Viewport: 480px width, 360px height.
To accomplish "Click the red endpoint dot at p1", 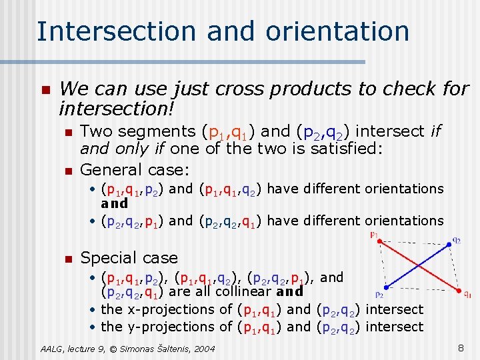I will pyautogui.click(x=378, y=242).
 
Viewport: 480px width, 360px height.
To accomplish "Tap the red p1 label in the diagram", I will pyautogui.click(x=374, y=235).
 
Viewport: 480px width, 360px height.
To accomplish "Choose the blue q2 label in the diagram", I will pyautogui.click(x=457, y=239).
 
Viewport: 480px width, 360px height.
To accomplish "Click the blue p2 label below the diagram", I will pyautogui.click(x=379, y=293).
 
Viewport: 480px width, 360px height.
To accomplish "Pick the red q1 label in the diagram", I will pyautogui.click(x=467, y=294).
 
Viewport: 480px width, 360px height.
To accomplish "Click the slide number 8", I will pyautogui.click(x=460, y=347).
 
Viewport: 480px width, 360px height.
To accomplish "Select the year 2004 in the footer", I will pyautogui.click(x=204, y=349).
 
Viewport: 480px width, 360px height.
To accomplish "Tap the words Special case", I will pyautogui.click(x=129, y=257).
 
